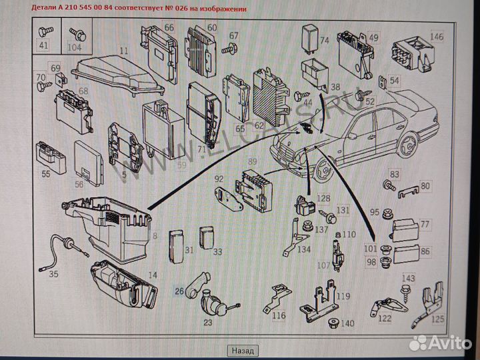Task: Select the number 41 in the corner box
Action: coord(43,45)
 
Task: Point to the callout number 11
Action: coord(123,51)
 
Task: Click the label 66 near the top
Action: coord(169,27)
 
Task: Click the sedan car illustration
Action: coord(353,140)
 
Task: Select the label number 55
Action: coord(45,173)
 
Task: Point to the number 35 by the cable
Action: coord(53,273)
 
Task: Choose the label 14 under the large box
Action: coord(153,275)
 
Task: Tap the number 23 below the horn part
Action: coord(207,322)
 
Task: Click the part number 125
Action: coord(437,319)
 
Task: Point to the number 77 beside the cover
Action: coord(425,224)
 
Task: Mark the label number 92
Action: coord(219,179)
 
